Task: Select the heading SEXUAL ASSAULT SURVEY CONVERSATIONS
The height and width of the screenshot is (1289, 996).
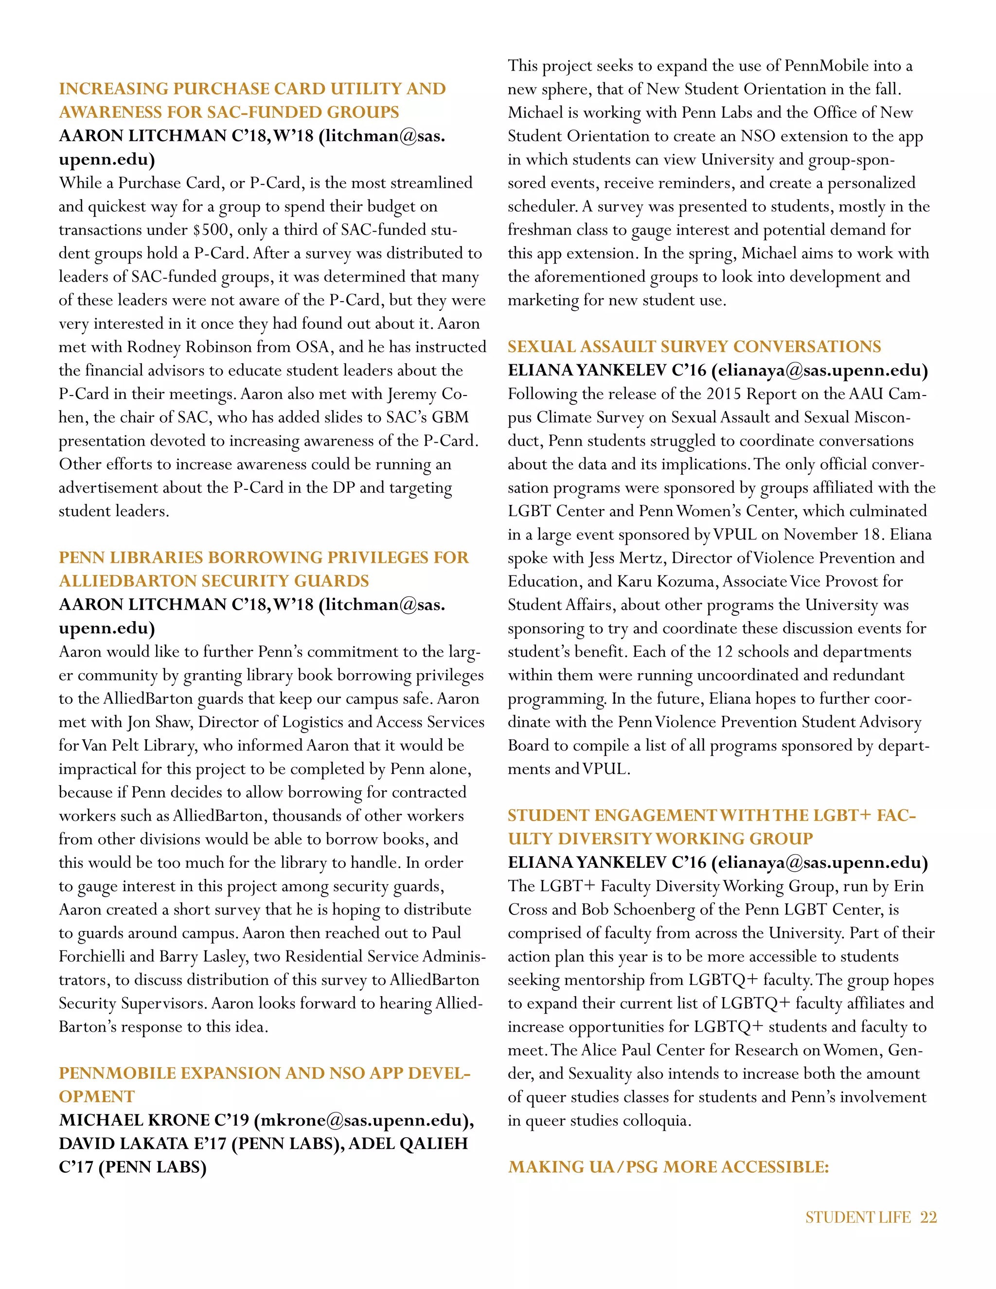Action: click(694, 346)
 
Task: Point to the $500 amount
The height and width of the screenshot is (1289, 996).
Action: click(210, 230)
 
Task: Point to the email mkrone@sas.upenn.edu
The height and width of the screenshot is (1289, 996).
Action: click(362, 1120)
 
